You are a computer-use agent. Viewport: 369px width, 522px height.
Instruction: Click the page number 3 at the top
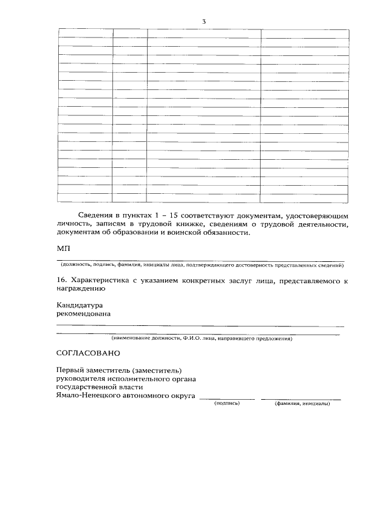pyautogui.click(x=204, y=21)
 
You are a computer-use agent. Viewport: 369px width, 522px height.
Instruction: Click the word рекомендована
pyautogui.click(x=84, y=314)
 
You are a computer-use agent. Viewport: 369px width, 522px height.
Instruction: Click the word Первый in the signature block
pyautogui.click(x=70, y=370)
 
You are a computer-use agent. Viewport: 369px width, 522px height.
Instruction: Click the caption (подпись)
pyautogui.click(x=227, y=404)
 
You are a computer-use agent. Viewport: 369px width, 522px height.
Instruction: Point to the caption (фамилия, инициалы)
pyautogui.click(x=303, y=404)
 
